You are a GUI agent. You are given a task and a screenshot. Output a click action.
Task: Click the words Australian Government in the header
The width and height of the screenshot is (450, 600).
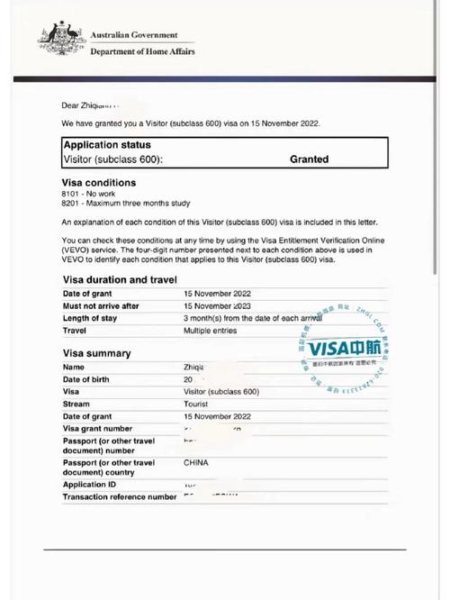pyautogui.click(x=134, y=34)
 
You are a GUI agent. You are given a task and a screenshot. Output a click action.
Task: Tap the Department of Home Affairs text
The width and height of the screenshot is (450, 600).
pyautogui.click(x=142, y=51)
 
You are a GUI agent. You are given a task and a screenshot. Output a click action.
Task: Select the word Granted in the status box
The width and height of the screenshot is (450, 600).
pyautogui.click(x=309, y=159)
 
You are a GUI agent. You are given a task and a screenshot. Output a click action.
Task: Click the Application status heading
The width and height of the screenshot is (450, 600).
pyautogui.click(x=107, y=144)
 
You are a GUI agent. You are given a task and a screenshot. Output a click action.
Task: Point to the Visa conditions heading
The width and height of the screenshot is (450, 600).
pyautogui.click(x=98, y=183)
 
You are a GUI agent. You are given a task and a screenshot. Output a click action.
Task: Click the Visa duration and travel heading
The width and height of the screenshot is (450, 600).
pyautogui.click(x=119, y=280)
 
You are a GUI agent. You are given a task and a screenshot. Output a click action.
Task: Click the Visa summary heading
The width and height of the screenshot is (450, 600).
pyautogui.click(x=96, y=353)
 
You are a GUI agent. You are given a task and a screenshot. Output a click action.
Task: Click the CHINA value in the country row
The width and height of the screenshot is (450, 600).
pyautogui.click(x=197, y=462)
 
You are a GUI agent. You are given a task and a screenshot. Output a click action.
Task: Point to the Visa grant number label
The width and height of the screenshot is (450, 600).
pyautogui.click(x=97, y=429)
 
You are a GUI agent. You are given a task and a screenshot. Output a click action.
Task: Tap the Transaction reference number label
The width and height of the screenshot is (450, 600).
pyautogui.click(x=120, y=496)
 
